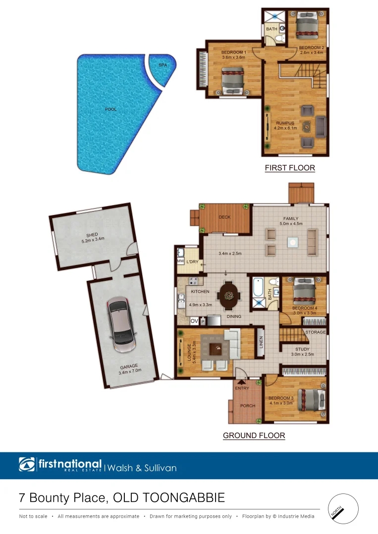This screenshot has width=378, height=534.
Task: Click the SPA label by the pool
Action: tap(162, 65)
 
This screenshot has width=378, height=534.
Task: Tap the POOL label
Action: tap(110, 109)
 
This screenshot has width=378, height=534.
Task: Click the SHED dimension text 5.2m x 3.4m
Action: tap(92, 241)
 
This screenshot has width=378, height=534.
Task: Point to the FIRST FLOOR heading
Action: tap(290, 168)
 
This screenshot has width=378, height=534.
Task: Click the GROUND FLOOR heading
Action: tap(254, 436)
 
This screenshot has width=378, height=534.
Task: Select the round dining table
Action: tap(229, 296)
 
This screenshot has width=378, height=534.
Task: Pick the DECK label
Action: tap(224, 217)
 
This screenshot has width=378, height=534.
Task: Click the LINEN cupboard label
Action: tap(261, 342)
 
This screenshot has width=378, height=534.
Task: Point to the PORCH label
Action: tap(248, 406)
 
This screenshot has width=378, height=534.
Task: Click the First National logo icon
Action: tap(27, 465)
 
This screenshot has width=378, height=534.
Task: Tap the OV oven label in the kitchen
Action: tap(194, 321)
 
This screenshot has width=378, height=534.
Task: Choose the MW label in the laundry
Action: tap(180, 261)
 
